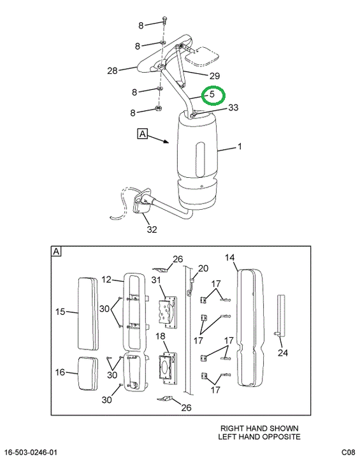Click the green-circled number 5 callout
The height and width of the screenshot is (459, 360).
tap(212, 94)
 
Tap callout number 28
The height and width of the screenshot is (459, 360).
tap(112, 71)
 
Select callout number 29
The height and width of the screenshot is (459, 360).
tap(215, 76)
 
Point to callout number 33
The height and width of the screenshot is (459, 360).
tap(233, 108)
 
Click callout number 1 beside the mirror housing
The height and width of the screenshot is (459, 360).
tap(240, 146)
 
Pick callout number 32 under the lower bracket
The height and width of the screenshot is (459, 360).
tap(152, 229)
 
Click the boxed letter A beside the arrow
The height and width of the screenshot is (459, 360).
tap(142, 134)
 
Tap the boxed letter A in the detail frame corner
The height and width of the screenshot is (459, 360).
tap(56, 251)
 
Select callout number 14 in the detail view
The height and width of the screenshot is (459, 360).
tap(230, 258)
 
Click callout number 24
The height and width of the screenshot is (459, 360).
tap(283, 353)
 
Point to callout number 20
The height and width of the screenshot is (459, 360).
tap(203, 268)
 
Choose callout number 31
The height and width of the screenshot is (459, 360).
tap(156, 280)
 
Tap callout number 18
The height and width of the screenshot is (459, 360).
tap(161, 336)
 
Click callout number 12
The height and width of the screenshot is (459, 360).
tap(106, 280)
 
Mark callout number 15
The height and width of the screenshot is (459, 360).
tap(60, 312)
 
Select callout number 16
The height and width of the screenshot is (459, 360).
tap(60, 372)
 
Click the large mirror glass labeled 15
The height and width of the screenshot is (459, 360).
tap(88, 314)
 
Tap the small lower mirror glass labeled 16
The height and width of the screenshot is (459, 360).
tap(88, 373)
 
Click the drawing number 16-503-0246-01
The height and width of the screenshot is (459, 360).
tap(31, 452)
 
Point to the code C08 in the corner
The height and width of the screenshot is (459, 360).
tap(348, 452)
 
